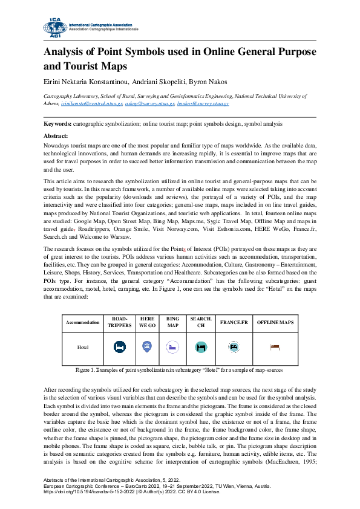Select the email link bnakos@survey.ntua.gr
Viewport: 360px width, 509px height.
click(194, 104)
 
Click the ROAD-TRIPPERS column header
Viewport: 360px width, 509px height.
click(119, 322)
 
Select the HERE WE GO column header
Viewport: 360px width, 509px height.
click(146, 322)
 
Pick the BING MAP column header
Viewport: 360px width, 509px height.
click(172, 322)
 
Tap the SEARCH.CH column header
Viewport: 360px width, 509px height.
click(200, 322)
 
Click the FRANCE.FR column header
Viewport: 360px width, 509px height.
click(234, 322)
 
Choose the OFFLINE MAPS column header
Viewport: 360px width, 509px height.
click(275, 322)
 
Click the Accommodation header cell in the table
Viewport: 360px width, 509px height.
click(82, 323)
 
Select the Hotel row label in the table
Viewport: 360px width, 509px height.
click(83, 348)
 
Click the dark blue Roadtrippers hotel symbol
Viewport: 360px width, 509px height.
click(119, 347)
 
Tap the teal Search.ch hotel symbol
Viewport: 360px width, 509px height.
click(200, 347)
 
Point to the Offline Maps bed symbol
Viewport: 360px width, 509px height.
click(275, 347)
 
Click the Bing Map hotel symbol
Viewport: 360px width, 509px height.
click(172, 347)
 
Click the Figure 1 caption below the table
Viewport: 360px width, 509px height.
click(179, 369)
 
